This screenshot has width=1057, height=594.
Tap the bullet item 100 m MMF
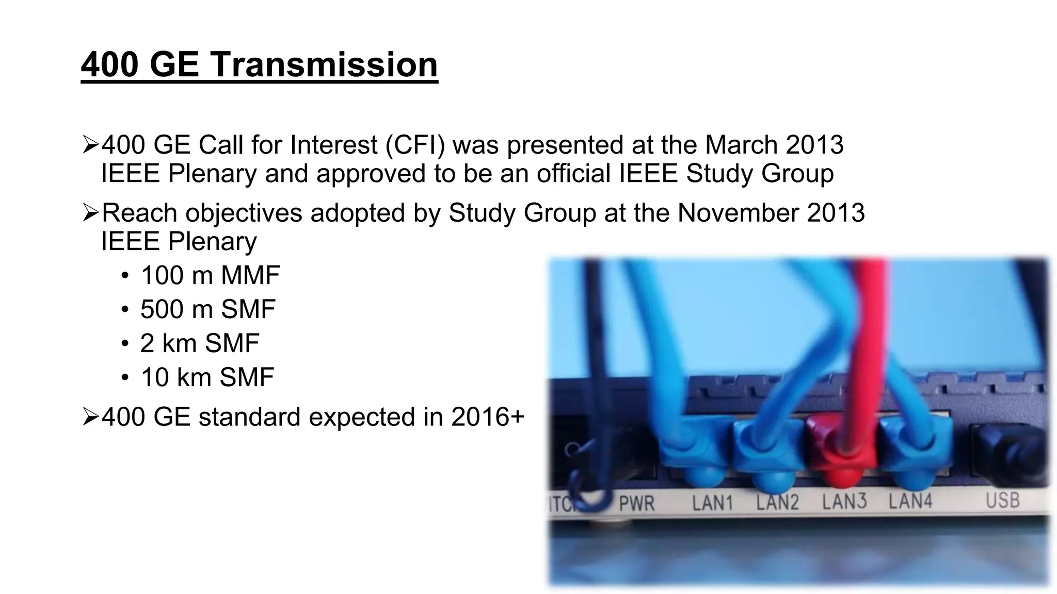pos(210,275)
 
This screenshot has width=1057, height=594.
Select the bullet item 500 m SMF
pos(207,309)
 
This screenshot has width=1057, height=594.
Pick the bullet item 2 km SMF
pos(199,343)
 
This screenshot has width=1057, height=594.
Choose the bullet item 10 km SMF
pos(207,377)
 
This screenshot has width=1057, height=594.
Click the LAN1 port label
pos(712,502)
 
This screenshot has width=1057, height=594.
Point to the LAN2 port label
pos(777,502)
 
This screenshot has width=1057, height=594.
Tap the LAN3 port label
pos(844,501)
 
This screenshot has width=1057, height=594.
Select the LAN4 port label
pos(910,501)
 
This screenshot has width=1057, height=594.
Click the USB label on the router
pos(1002,500)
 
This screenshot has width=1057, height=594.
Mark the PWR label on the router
pos(636,503)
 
